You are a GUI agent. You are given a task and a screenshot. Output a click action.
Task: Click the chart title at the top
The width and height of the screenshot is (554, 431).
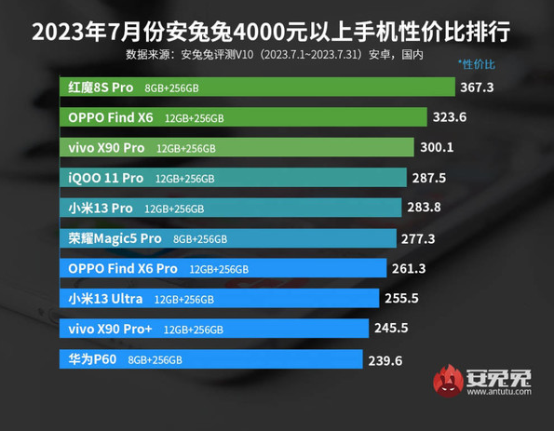[x=277, y=32]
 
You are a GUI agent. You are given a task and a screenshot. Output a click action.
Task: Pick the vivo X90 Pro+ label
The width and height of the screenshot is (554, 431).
[x=112, y=329]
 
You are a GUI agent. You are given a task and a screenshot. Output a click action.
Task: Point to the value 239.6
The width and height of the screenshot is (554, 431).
[x=385, y=359]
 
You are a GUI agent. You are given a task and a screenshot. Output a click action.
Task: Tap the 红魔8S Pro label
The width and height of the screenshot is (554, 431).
[x=102, y=88]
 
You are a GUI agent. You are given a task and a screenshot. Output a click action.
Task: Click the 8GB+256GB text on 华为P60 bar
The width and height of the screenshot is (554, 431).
[x=155, y=359]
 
